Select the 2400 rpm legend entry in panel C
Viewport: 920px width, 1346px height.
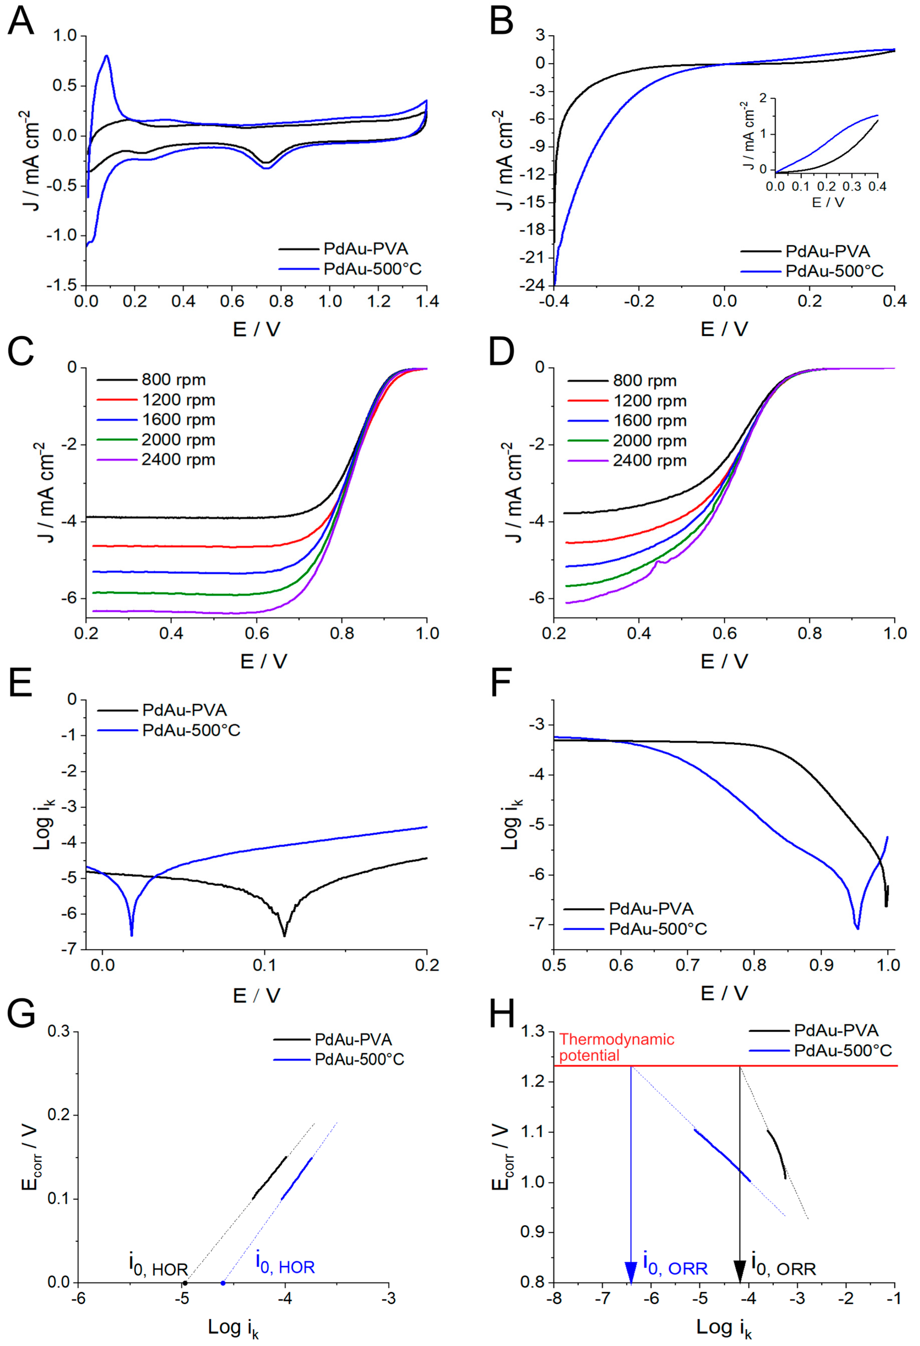(178, 460)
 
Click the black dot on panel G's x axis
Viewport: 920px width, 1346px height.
(185, 1283)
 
